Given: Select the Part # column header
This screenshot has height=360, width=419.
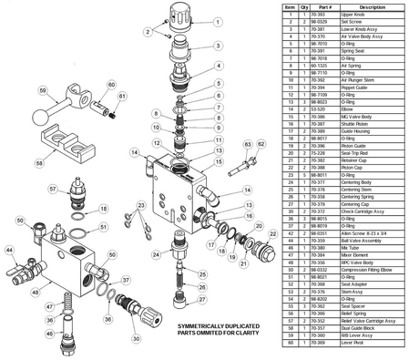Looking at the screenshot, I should (x=324, y=5).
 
